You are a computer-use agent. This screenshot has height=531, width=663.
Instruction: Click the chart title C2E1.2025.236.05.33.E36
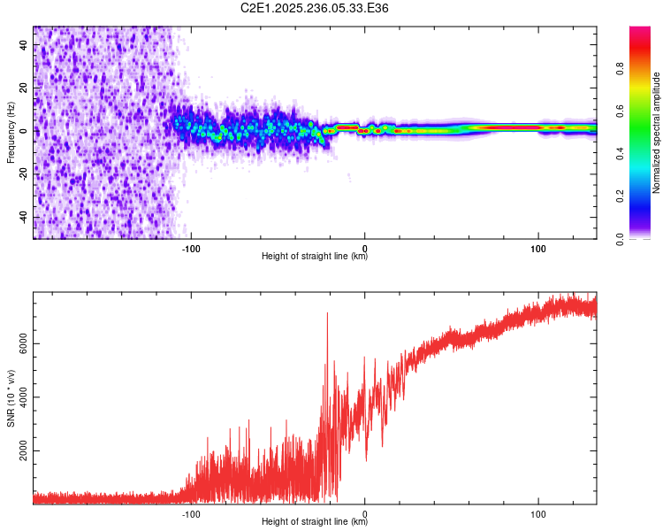pyautogui.click(x=315, y=8)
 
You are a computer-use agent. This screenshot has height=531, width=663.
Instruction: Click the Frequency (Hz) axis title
pyautogui.click(x=11, y=133)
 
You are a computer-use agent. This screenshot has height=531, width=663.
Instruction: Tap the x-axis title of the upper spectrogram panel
pyautogui.click(x=315, y=258)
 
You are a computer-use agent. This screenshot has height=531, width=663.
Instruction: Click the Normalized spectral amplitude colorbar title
pyautogui.click(x=657, y=133)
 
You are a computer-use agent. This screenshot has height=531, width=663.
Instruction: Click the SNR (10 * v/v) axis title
pyautogui.click(x=11, y=398)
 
